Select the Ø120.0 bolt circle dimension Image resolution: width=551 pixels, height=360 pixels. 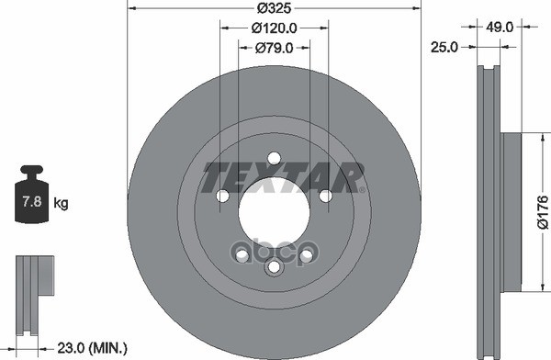(273, 28)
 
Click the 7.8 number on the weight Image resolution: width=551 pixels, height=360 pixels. (29, 201)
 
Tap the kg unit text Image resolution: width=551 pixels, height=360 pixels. (61, 201)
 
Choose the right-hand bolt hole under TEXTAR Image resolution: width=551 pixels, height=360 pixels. (325, 196)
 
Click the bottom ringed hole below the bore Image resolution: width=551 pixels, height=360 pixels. (273, 267)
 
